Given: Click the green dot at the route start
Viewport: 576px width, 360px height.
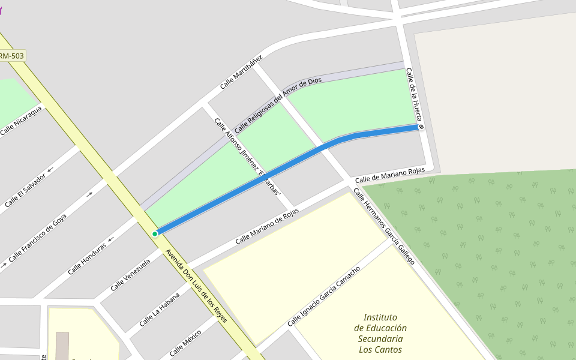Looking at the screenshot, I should pyautogui.click(x=155, y=234).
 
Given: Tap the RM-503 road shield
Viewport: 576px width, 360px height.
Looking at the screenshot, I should pyautogui.click(x=11, y=56).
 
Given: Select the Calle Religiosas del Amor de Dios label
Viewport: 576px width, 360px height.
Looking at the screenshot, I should pyautogui.click(x=278, y=105).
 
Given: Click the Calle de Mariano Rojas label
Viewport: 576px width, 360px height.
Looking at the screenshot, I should pyautogui.click(x=390, y=175).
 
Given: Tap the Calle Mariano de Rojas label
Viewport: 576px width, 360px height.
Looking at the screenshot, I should pyautogui.click(x=267, y=226).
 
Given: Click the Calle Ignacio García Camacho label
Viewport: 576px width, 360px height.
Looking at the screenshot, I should pyautogui.click(x=324, y=296).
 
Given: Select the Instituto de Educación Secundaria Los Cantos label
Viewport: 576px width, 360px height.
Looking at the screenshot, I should pyautogui.click(x=380, y=334).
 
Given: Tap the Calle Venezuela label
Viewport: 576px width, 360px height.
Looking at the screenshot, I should pyautogui.click(x=130, y=275).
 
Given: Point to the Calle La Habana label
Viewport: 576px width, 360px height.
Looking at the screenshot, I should pyautogui.click(x=160, y=310).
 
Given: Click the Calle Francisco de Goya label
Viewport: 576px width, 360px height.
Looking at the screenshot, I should pyautogui.click(x=38, y=238).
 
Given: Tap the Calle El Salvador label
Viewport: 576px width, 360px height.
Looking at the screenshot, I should pyautogui.click(x=25, y=191).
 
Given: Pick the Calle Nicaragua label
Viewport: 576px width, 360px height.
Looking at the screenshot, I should pyautogui.click(x=22, y=121).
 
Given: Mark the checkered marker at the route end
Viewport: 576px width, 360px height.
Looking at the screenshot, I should pyautogui.click(x=421, y=127).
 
